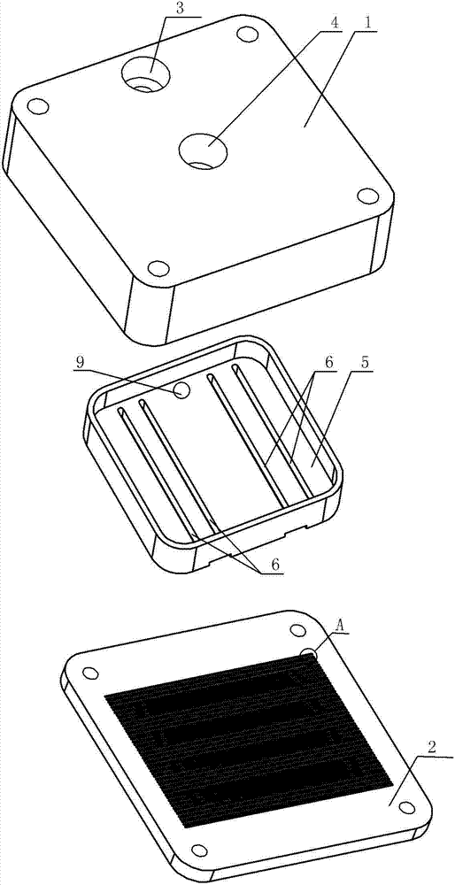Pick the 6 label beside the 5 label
click(x=329, y=362)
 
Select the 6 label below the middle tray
click(x=274, y=564)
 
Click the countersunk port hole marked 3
click(x=146, y=77)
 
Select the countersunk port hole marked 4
click(x=203, y=151)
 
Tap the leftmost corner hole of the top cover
click(x=37, y=106)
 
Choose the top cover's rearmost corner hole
click(x=244, y=35)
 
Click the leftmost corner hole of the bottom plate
click(x=89, y=673)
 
